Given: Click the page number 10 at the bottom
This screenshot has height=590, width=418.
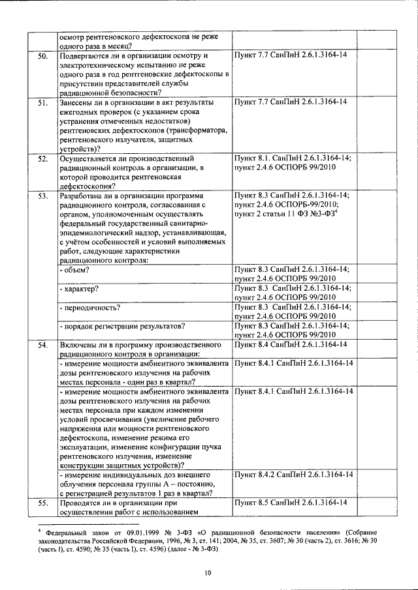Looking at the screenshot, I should pos(208,572).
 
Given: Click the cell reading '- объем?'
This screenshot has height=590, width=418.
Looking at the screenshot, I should pos(74,269).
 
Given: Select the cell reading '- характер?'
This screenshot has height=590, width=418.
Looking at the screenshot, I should pos(82,288).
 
